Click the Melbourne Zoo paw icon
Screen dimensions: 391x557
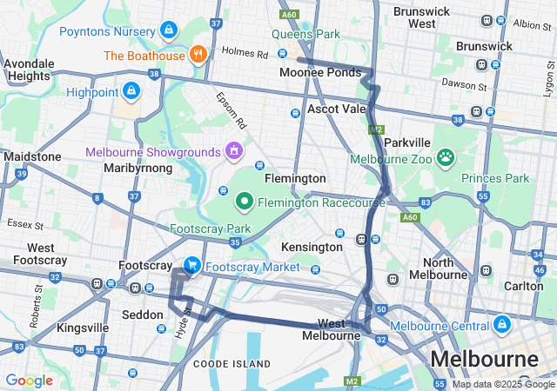point(446,157)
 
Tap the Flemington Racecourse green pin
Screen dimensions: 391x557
point(245,202)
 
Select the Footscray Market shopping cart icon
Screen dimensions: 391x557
point(191,265)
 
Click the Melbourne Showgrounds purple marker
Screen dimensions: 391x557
point(233,151)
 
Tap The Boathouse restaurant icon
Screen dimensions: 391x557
point(199,55)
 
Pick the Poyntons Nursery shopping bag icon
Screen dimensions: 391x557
point(168,31)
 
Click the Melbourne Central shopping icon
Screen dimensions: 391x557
point(501,325)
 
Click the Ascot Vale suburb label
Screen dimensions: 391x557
point(337,109)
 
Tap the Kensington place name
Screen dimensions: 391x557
point(312,247)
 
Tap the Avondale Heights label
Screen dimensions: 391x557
point(28,70)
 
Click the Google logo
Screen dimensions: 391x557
point(29,381)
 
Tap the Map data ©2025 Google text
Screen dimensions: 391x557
point(502,384)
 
